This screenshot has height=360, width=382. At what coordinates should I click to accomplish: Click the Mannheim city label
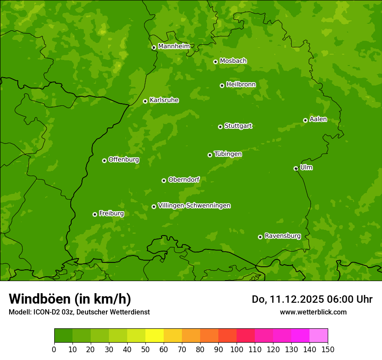click(174, 46)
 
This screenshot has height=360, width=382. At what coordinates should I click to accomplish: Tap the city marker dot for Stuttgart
click(220, 127)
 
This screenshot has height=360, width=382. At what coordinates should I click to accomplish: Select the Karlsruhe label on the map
click(164, 100)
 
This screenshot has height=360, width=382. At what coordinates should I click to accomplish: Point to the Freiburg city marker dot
click(95, 214)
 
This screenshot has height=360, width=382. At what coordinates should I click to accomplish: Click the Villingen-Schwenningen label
click(194, 206)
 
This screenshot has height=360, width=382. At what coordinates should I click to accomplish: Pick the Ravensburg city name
click(283, 236)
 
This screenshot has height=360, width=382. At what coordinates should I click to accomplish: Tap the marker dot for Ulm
click(296, 168)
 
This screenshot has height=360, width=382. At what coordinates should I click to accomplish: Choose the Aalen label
click(318, 119)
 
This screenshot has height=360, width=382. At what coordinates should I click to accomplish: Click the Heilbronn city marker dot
click(222, 85)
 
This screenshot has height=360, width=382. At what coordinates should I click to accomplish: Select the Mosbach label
click(233, 61)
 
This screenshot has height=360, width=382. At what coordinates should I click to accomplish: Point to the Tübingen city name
click(228, 154)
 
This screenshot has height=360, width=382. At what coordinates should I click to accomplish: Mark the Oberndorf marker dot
click(164, 180)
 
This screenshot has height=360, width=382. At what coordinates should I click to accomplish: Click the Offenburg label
click(124, 160)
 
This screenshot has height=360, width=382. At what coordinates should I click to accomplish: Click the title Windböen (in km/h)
click(70, 299)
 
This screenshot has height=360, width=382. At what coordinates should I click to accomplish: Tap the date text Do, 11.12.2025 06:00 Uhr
click(312, 299)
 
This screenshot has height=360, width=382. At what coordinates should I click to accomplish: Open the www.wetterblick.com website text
click(313, 312)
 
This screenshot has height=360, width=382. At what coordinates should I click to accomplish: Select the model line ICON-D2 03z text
click(79, 312)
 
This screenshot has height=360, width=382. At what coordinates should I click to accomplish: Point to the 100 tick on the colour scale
click(237, 349)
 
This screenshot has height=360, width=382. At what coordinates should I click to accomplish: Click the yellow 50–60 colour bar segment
click(154, 335)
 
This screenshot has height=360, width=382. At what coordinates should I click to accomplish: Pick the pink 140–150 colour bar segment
click(319, 335)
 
